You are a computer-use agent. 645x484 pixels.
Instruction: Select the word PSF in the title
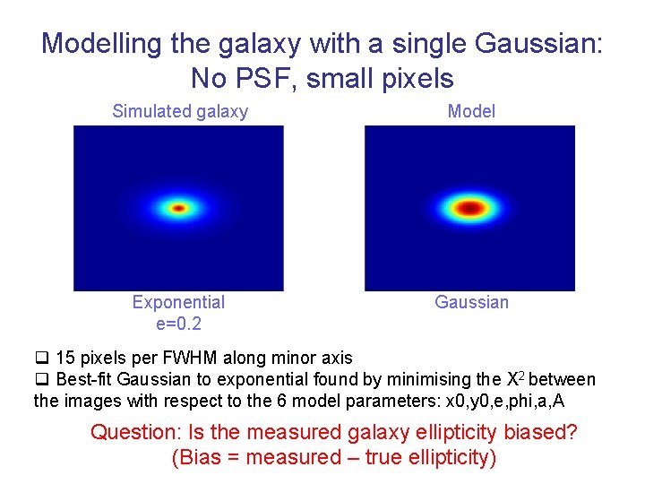(x=266, y=78)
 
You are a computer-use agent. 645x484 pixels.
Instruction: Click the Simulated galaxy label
(x=180, y=111)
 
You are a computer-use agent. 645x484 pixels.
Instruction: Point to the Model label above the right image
(x=471, y=111)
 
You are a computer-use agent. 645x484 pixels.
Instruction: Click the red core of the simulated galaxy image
(x=178, y=208)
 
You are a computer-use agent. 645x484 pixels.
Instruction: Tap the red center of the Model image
(x=469, y=208)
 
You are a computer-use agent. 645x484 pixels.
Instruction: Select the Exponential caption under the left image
(x=178, y=302)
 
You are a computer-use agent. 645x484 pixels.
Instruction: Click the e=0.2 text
(x=178, y=323)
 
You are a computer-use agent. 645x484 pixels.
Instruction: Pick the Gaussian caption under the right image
(x=471, y=302)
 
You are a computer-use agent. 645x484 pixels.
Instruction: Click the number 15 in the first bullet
(x=65, y=359)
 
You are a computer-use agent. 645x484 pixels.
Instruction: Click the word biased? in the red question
(x=540, y=432)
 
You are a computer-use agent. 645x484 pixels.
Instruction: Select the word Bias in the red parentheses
(x=198, y=457)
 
